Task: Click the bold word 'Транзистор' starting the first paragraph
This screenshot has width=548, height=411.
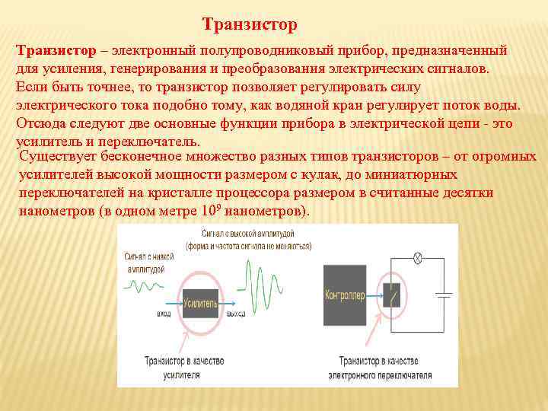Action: pyautogui.click(x=56, y=50)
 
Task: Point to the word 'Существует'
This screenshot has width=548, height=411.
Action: pyautogui.click(x=59, y=158)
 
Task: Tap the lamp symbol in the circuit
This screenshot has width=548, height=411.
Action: pyautogui.click(x=417, y=259)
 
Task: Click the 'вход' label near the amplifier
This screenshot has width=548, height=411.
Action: pyautogui.click(x=164, y=314)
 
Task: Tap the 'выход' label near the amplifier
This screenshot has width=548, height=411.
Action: pyautogui.click(x=237, y=314)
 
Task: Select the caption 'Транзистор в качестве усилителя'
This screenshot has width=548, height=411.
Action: pyautogui.click(x=180, y=368)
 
